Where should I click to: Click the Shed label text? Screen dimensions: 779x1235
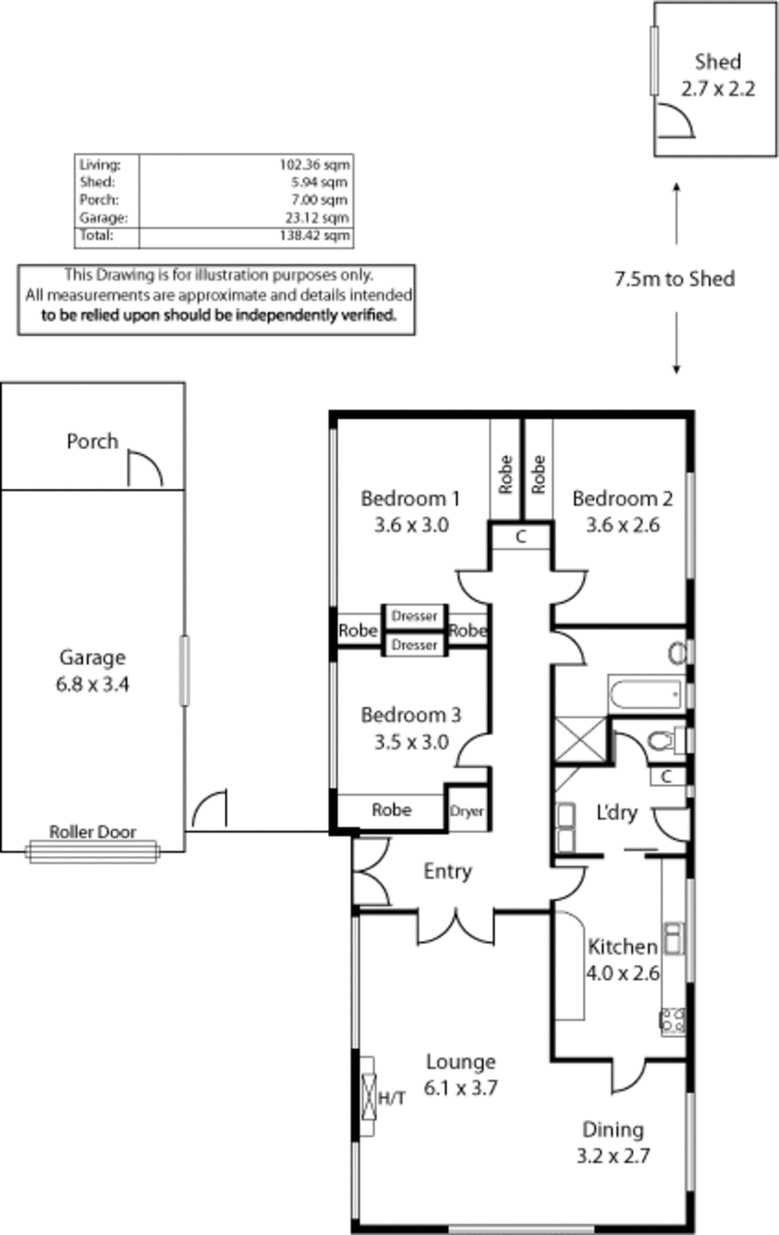718,61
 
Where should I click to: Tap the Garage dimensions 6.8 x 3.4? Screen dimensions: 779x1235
93,684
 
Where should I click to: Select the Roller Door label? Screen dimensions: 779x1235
93,832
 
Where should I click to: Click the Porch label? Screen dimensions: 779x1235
93,441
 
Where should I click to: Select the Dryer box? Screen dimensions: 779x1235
466,811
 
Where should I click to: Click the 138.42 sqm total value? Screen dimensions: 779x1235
315,236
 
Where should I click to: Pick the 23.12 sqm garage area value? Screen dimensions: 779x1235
317,218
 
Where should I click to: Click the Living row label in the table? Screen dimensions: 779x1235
99,165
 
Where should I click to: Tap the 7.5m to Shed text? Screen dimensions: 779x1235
675,279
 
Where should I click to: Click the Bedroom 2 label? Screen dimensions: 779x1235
622,499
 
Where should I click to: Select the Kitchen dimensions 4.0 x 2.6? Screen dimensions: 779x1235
622,974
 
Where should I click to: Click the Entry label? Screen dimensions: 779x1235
448,872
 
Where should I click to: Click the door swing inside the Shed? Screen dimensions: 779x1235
676,120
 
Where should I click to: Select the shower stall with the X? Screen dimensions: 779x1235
580,739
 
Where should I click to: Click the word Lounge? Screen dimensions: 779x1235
461,1063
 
